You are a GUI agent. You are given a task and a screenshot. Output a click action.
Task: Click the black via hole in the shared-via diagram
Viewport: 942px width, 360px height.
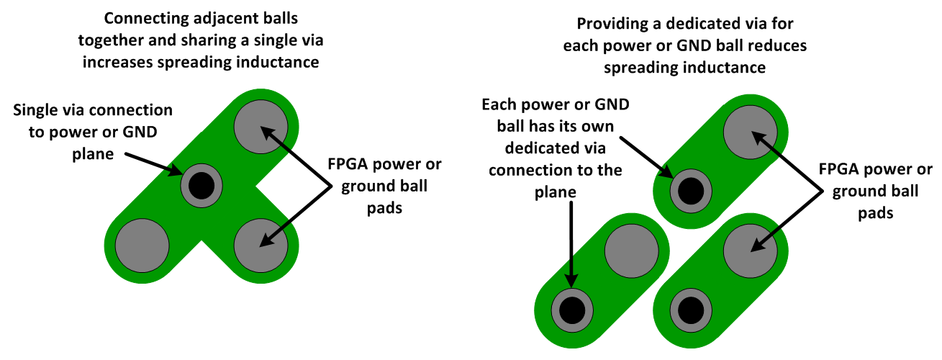tap(201, 186)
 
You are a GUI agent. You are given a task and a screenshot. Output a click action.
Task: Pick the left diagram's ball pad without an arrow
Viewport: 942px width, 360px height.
tap(142, 242)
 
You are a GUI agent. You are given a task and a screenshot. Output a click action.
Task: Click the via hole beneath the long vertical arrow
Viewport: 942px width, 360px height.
tap(572, 310)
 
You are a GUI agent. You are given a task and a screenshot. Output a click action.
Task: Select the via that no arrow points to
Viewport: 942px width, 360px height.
tap(691, 310)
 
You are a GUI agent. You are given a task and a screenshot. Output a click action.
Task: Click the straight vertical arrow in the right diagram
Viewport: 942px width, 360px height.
tap(571, 245)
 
